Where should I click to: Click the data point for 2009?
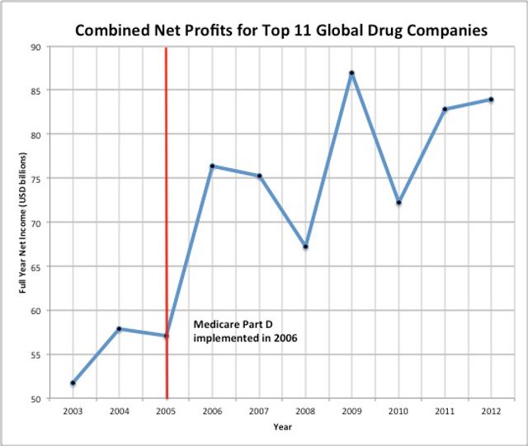(x=351, y=73)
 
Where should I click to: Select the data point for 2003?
(x=73, y=383)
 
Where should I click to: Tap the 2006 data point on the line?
(x=213, y=167)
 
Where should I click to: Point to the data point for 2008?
(x=305, y=246)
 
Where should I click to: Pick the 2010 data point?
(x=398, y=203)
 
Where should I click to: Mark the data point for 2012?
(x=491, y=100)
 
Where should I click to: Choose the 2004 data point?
(x=120, y=329)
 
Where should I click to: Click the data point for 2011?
(x=445, y=109)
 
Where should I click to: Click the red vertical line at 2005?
(x=167, y=247)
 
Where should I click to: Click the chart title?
(x=280, y=31)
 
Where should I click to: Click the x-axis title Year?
(x=282, y=427)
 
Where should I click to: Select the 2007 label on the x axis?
(x=259, y=411)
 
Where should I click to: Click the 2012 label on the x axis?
(x=491, y=411)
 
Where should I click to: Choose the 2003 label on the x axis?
(x=73, y=411)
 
